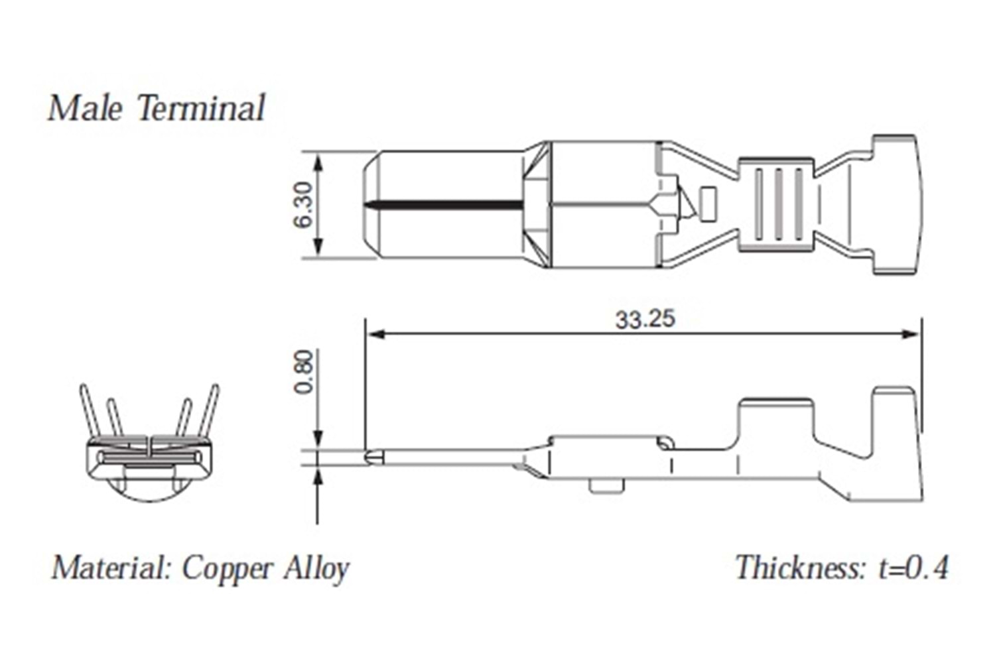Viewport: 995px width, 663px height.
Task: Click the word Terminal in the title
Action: tap(202, 108)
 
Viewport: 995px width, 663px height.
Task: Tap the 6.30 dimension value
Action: tap(304, 204)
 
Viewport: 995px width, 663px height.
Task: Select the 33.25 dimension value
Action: tap(645, 319)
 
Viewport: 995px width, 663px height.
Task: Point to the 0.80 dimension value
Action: tap(304, 371)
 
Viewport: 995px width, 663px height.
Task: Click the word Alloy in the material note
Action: tap(316, 569)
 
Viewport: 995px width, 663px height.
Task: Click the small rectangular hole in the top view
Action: tap(708, 204)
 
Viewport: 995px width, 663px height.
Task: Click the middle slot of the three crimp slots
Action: tap(779, 204)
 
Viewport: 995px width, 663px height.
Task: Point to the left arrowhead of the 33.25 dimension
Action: tap(375, 333)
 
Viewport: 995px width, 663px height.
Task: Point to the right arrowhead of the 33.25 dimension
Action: tap(911, 333)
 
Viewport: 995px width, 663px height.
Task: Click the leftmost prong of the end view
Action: tap(87, 411)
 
